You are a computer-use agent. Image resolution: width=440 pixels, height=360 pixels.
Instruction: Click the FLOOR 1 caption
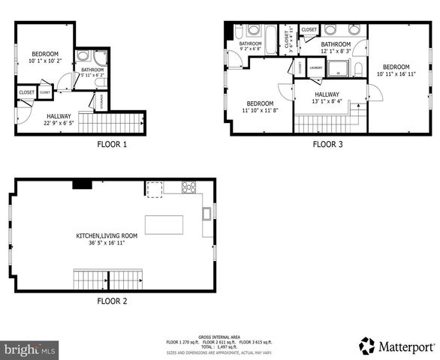pyautogui.click(x=112, y=144)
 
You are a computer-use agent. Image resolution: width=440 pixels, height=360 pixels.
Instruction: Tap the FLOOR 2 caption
pyautogui.click(x=112, y=301)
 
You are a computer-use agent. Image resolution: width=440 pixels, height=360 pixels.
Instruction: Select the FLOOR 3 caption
pyautogui.click(x=327, y=144)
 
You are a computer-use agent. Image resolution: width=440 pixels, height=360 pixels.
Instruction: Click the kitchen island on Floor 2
pyautogui.click(x=164, y=224)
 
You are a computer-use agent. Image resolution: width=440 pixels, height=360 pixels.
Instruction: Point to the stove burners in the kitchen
pyautogui.click(x=189, y=187)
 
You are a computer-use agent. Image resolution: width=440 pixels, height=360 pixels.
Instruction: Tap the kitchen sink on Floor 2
pyautogui.click(x=206, y=214)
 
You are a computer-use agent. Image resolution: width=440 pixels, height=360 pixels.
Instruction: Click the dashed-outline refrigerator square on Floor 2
pyautogui.click(x=154, y=189)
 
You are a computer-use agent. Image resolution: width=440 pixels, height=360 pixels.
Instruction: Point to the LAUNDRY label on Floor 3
pyautogui.click(x=315, y=67)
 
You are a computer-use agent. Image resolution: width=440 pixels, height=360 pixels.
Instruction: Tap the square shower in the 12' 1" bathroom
pyautogui.click(x=339, y=68)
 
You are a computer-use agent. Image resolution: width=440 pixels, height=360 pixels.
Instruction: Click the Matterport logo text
pyautogui.click(x=406, y=347)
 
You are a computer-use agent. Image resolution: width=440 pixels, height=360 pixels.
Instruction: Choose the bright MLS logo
pyautogui.click(x=30, y=349)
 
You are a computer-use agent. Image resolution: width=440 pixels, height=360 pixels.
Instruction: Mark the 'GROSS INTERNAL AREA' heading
pyautogui.click(x=219, y=337)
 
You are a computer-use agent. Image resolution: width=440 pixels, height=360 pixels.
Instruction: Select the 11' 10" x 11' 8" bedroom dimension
pyautogui.click(x=260, y=110)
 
